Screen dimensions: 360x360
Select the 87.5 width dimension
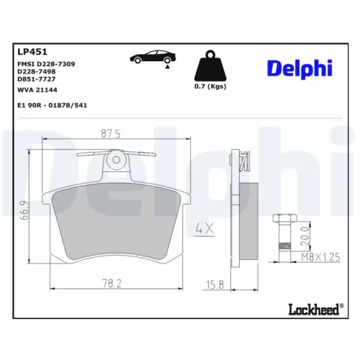pyautogui.click(x=109, y=132)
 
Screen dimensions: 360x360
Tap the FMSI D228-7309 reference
pyautogui.click(x=45, y=65)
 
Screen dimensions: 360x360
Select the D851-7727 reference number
pyautogui.click(x=35, y=79)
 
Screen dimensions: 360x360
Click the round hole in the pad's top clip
pyautogui.click(x=116, y=159)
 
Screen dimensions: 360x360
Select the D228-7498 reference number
pyautogui.click(x=35, y=72)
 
